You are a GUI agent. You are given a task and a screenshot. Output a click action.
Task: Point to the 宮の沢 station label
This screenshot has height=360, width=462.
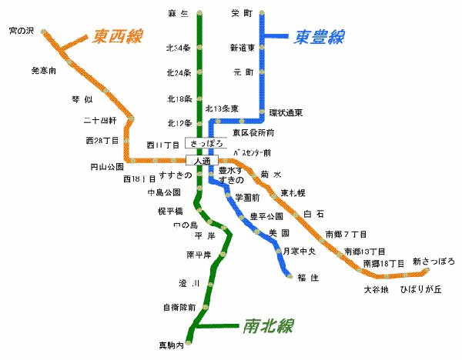[x=22, y=32]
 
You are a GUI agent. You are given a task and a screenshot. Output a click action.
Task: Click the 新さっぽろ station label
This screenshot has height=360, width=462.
[x=434, y=262]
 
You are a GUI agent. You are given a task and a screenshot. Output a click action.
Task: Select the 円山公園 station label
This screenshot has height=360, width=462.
[x=107, y=165]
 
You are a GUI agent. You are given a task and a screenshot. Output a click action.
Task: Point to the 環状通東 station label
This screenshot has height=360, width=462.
[x=286, y=113]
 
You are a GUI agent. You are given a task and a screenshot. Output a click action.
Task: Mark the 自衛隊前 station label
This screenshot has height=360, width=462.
[x=179, y=307]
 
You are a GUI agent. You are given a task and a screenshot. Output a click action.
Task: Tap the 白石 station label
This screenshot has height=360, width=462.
[x=313, y=213]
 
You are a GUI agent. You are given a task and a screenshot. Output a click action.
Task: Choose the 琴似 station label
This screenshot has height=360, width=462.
[x=82, y=99]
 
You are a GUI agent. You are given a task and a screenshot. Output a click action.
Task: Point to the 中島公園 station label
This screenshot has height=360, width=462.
[x=164, y=192]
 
